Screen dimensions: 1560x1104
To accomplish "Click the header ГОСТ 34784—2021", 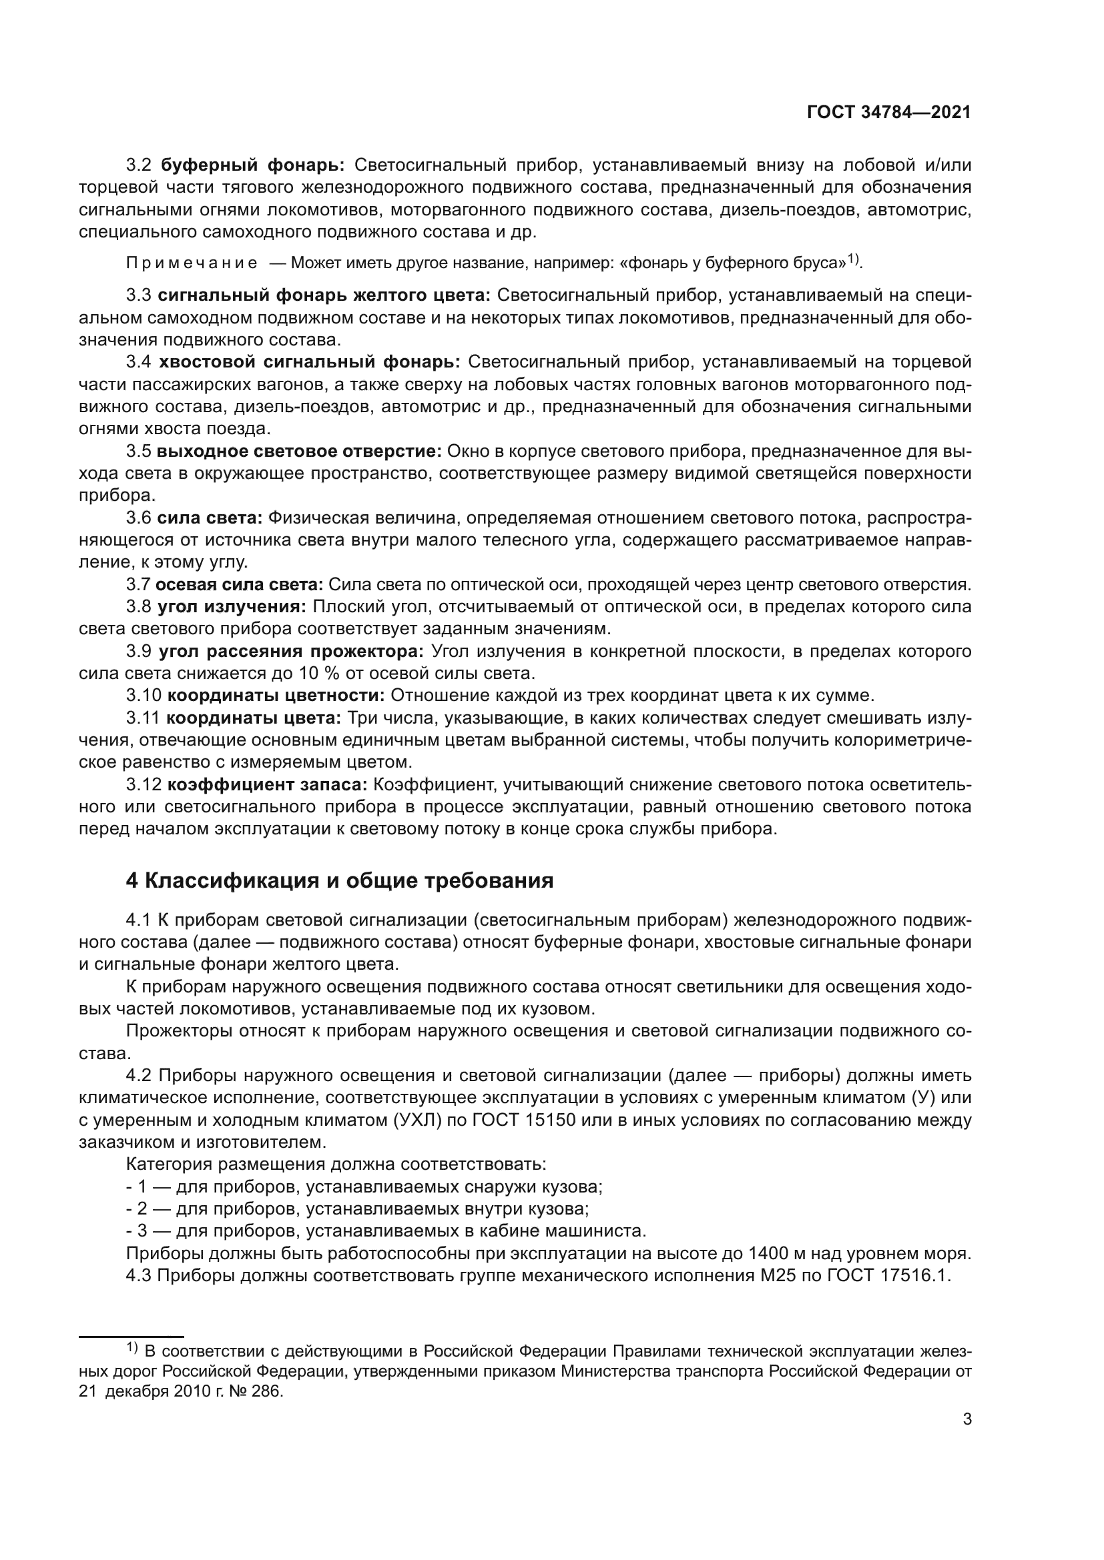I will pos(888,113).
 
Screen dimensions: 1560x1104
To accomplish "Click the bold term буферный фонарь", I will pos(254,165).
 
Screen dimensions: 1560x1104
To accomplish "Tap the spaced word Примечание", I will pos(192,263).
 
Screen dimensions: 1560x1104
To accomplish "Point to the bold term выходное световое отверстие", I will pos(300,451).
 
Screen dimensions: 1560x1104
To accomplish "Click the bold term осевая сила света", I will pos(240,584).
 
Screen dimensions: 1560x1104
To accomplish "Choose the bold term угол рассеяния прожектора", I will pos(291,652).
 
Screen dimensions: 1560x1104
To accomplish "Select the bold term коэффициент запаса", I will pos(267,785).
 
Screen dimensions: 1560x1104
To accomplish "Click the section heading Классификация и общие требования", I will pos(340,881).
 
